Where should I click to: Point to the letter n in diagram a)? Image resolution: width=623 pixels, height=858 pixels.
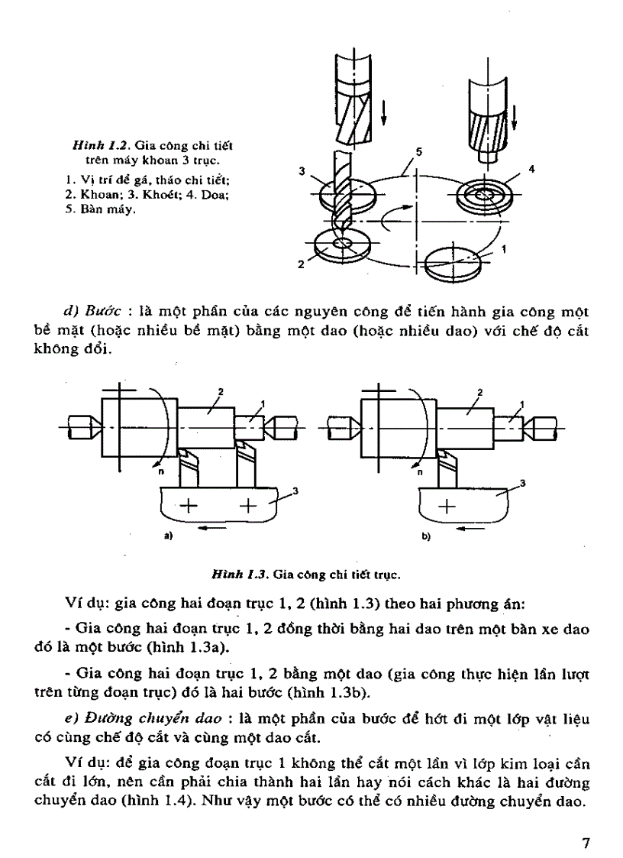pos(161,472)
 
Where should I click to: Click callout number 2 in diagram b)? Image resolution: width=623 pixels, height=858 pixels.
pos(479,392)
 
